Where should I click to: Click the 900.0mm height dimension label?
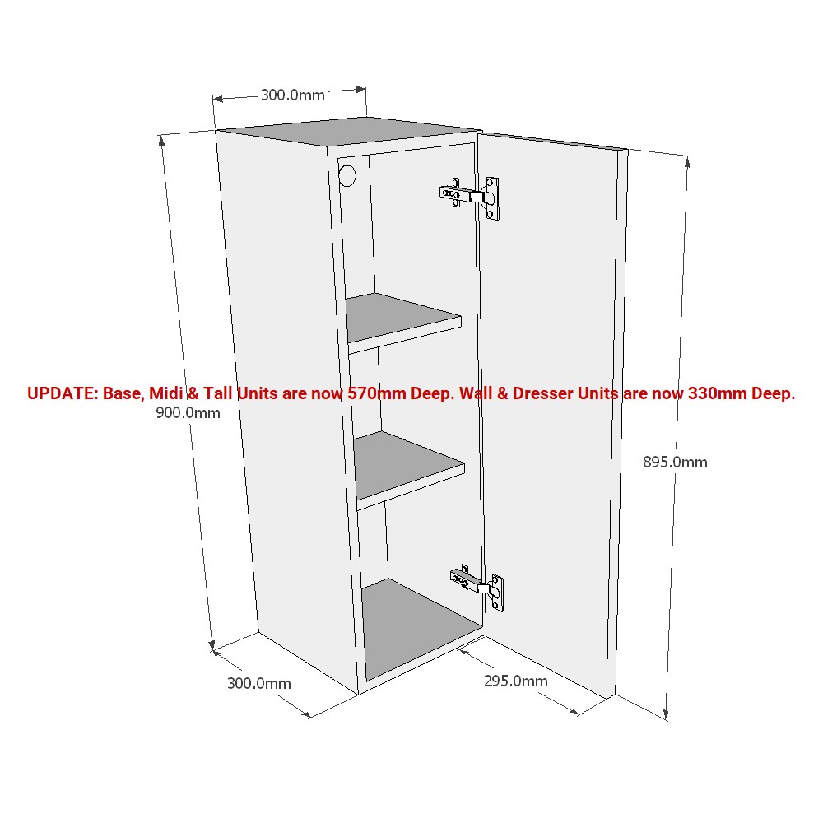[188, 413]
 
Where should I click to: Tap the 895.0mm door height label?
[675, 463]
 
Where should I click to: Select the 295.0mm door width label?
[515, 681]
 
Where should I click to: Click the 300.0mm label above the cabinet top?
[293, 95]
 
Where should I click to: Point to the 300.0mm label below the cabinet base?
[258, 683]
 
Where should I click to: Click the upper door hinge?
[470, 198]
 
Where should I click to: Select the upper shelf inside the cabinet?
[402, 321]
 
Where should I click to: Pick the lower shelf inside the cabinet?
[408, 469]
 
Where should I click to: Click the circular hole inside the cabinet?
[347, 176]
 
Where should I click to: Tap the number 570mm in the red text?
[377, 393]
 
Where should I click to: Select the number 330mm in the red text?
[717, 393]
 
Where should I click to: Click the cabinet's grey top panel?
[348, 131]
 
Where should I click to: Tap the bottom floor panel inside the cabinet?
[422, 628]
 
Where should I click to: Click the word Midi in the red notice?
[166, 393]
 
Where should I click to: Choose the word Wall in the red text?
[476, 393]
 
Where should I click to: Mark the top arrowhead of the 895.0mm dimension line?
[687, 162]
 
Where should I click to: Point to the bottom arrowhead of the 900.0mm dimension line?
[212, 645]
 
